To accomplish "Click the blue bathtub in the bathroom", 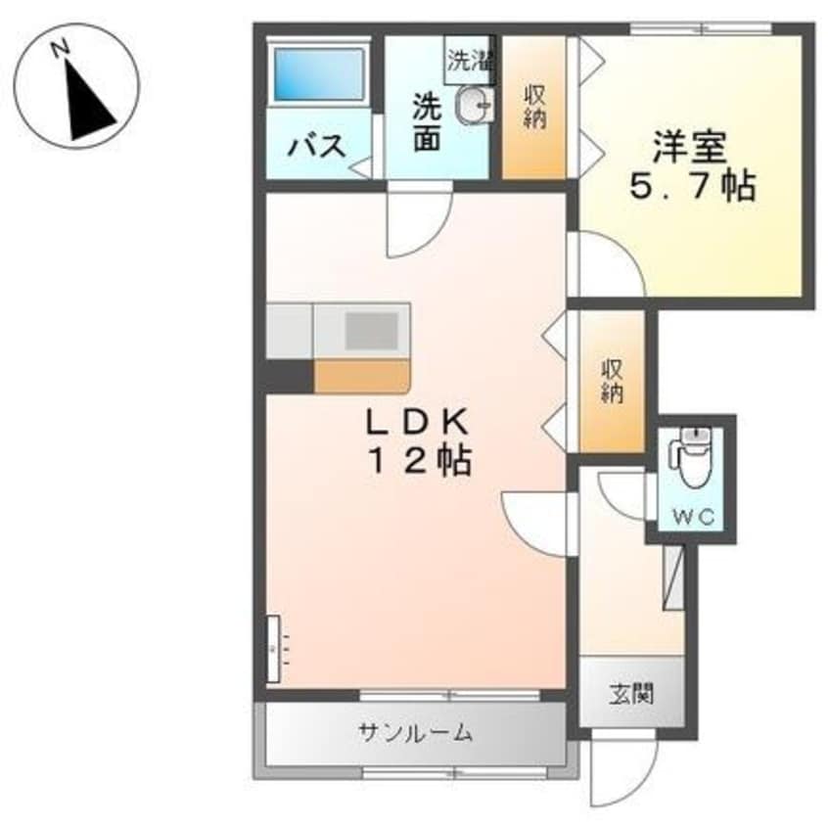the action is tap(319, 74).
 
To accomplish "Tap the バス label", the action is tap(317, 145).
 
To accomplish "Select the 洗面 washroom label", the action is tap(427, 122).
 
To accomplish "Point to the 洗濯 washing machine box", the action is tap(469, 60).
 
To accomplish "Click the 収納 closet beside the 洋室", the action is tap(533, 108).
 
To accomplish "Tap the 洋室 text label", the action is tap(691, 148).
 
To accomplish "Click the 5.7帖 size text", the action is tap(692, 185).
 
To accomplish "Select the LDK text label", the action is tap(418, 422).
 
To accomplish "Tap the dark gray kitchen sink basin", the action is tap(372, 331).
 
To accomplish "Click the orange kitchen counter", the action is tap(362, 376).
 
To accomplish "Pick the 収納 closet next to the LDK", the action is tap(613, 381).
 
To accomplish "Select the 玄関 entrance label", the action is tap(631, 694).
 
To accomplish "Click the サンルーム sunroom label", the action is tap(415, 732).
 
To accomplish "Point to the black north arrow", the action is tap(90, 101).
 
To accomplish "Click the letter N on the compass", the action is tap(61, 49).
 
